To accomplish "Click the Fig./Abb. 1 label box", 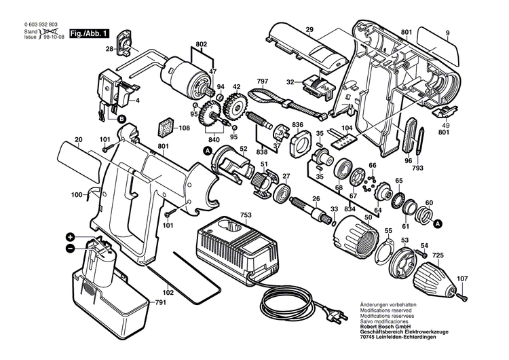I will [x=88, y=33].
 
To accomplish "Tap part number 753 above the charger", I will [x=245, y=215].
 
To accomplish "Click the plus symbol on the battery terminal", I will [x=70, y=237].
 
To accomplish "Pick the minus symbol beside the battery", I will [x=70, y=249].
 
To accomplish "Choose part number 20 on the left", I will [x=79, y=139].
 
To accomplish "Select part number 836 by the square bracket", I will [x=297, y=124].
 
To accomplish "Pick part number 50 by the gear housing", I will [x=369, y=217].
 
